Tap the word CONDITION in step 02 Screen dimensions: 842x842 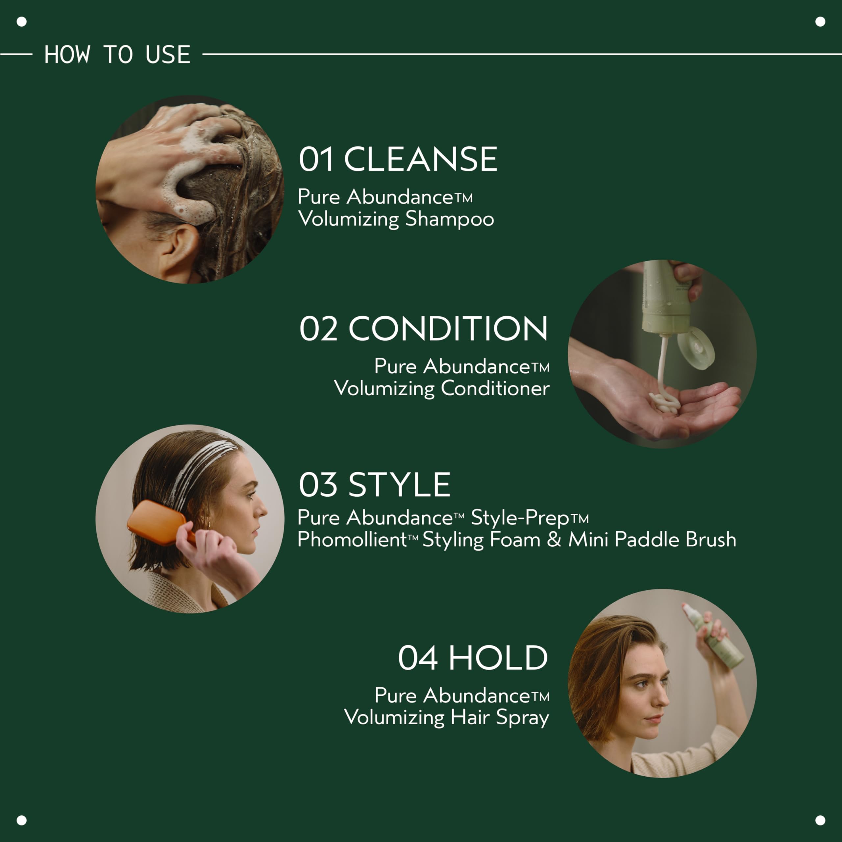(448, 329)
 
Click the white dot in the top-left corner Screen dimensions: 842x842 (21, 21)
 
